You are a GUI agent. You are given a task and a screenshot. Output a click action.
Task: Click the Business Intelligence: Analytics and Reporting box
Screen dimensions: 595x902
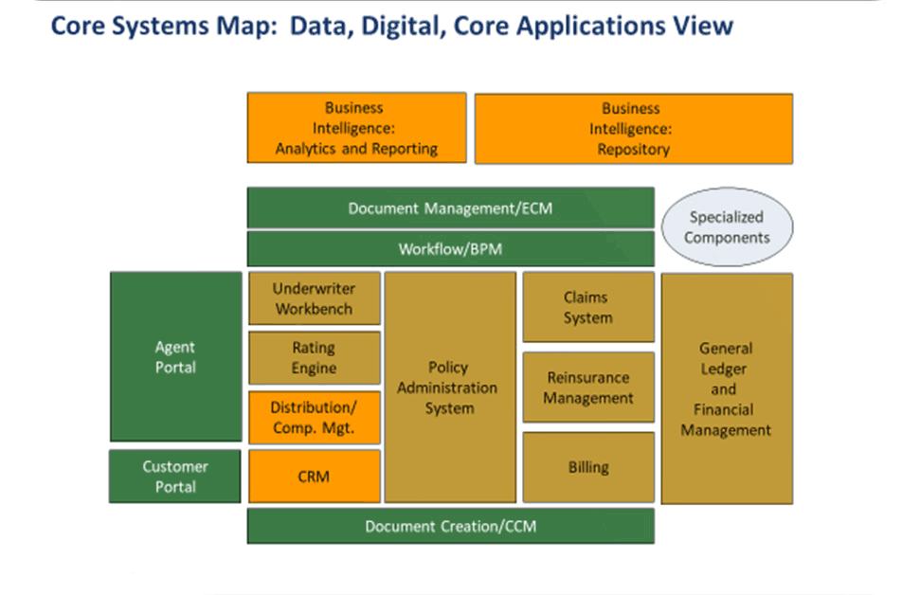pyautogui.click(x=356, y=128)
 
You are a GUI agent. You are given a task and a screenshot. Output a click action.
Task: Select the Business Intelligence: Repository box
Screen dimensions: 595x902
pyautogui.click(x=633, y=129)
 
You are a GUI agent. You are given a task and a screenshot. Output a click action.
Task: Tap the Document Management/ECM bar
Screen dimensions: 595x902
pyautogui.click(x=450, y=207)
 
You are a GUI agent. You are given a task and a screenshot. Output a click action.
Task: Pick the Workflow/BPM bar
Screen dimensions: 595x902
pyautogui.click(x=450, y=249)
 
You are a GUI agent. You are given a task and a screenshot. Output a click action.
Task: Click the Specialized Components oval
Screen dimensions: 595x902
pyautogui.click(x=727, y=227)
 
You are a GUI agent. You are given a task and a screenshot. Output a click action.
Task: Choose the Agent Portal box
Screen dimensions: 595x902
pyautogui.click(x=175, y=356)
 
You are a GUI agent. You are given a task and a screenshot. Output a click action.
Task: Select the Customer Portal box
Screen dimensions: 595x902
pyautogui.click(x=175, y=477)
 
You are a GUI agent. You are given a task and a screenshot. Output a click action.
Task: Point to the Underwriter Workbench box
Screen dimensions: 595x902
pyautogui.click(x=314, y=298)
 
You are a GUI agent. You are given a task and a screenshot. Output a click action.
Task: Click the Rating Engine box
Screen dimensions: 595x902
pyautogui.click(x=314, y=357)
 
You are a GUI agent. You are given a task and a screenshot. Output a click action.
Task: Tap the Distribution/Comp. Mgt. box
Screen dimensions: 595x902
pyautogui.click(x=314, y=418)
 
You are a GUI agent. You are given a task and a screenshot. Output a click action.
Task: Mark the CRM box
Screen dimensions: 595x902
pyautogui.click(x=314, y=476)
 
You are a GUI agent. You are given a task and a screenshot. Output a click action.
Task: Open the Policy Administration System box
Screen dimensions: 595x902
pyautogui.click(x=449, y=388)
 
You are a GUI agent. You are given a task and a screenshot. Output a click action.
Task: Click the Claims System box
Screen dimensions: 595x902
pyautogui.click(x=587, y=308)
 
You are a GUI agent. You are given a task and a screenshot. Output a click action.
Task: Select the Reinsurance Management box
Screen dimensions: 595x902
pyautogui.click(x=587, y=388)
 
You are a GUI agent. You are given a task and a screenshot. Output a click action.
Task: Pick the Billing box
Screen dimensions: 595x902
pyautogui.click(x=587, y=467)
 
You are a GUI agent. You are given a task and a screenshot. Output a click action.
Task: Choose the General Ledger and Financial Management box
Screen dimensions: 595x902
pyautogui.click(x=726, y=388)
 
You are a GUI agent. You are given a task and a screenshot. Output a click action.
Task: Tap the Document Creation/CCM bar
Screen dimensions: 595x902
pyautogui.click(x=450, y=526)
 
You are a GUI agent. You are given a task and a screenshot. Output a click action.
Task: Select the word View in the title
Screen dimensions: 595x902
pyautogui.click(x=706, y=26)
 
